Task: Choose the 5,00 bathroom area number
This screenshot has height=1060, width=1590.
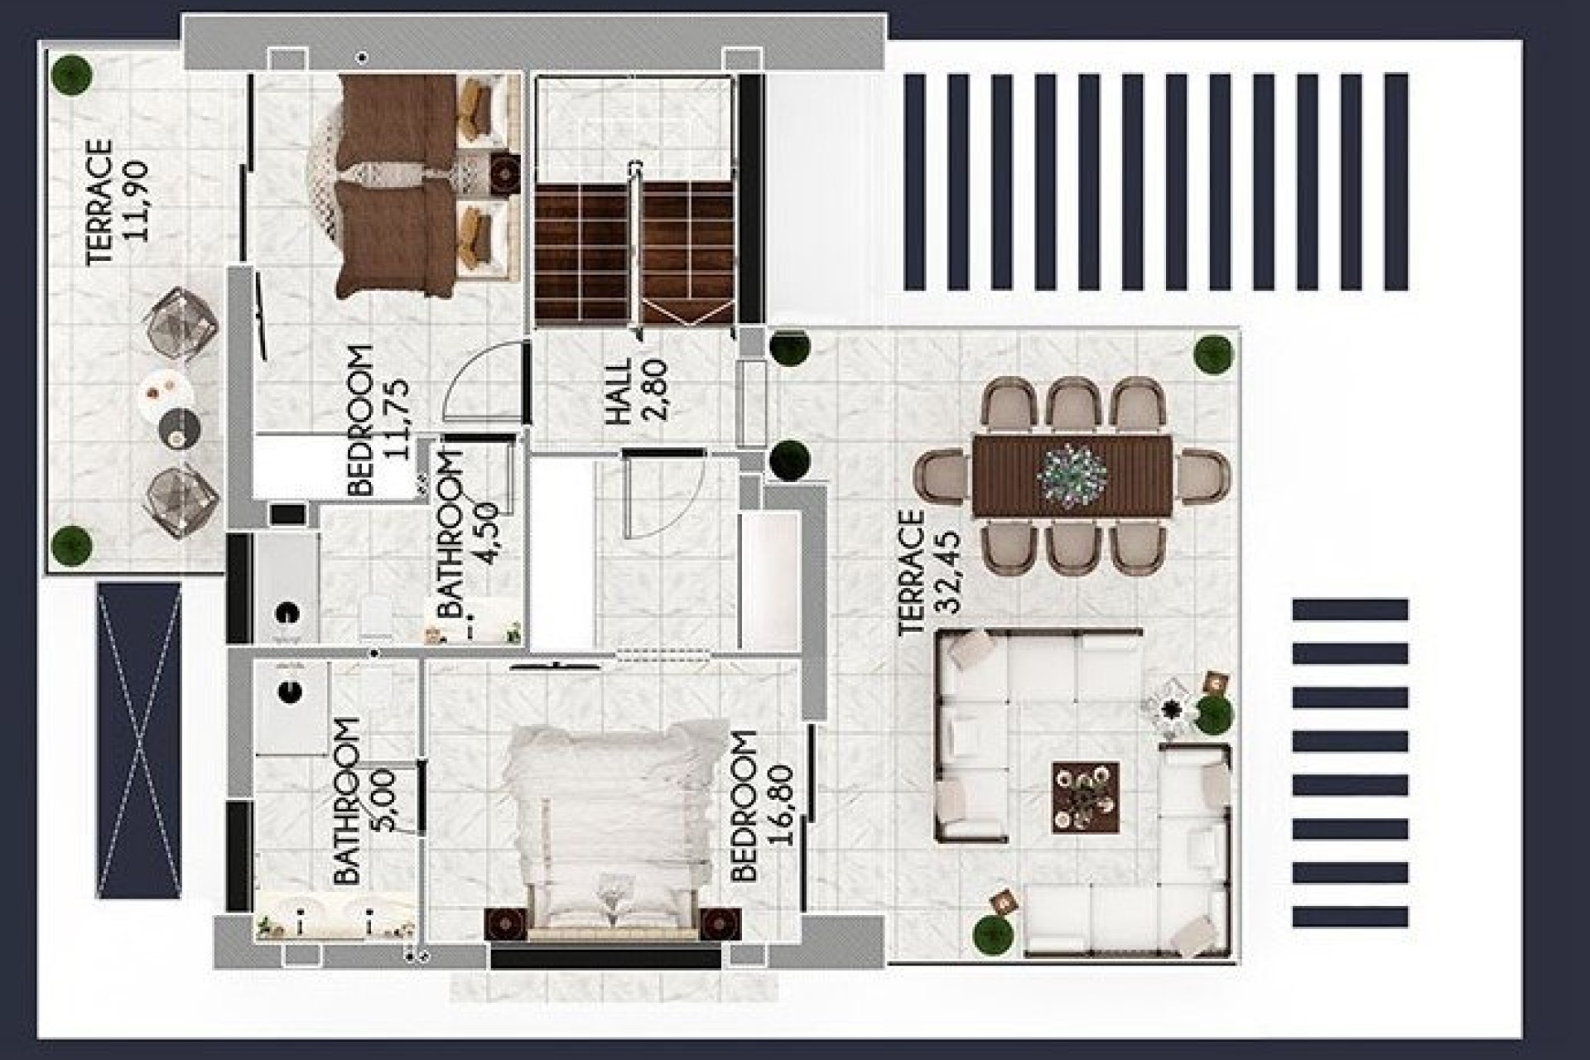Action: click(385, 799)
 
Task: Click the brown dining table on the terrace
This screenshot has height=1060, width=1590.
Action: click(1072, 475)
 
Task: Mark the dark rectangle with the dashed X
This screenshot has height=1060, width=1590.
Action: click(138, 740)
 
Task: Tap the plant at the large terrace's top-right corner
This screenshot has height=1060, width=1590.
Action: click(1213, 354)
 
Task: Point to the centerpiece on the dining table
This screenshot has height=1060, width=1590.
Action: click(1072, 474)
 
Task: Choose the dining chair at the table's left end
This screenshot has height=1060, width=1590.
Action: click(942, 475)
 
